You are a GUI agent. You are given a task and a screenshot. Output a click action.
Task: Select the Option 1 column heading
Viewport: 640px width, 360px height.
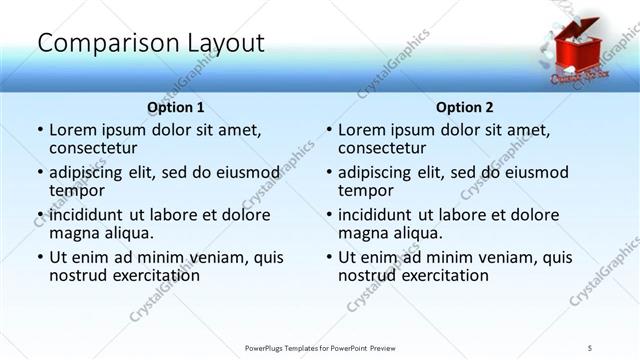click(x=176, y=107)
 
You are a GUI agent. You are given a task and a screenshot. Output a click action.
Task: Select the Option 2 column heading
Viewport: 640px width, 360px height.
click(x=465, y=107)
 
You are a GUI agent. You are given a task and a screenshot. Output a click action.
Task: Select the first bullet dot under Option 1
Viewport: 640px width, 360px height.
click(x=39, y=130)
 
